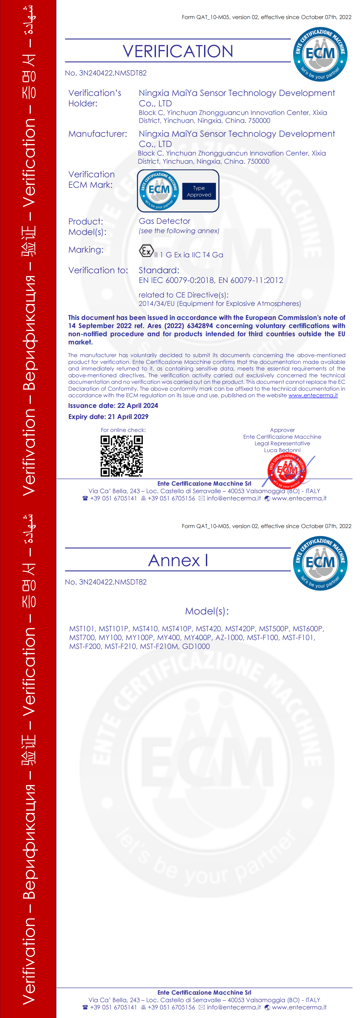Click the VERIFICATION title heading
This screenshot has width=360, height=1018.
pyautogui.click(x=178, y=51)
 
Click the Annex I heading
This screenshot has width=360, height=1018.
pyautogui.click(x=178, y=560)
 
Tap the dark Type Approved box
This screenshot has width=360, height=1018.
pyautogui.click(x=199, y=191)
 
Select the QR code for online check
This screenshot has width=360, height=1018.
pyautogui.click(x=121, y=456)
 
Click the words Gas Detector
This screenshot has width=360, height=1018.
pyautogui.click(x=164, y=221)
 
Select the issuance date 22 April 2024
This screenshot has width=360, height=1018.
pyautogui.click(x=138, y=405)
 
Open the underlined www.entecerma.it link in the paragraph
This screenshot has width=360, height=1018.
pyautogui.click(x=313, y=395)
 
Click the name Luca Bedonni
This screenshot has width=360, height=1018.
pyautogui.click(x=282, y=450)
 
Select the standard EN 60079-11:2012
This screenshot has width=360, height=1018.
pyautogui.click(x=251, y=280)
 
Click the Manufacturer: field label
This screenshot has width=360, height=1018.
pyautogui.click(x=98, y=134)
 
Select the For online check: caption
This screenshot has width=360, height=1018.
pyautogui.click(x=123, y=430)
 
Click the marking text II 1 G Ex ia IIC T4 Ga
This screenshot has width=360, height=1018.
pyautogui.click(x=188, y=255)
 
